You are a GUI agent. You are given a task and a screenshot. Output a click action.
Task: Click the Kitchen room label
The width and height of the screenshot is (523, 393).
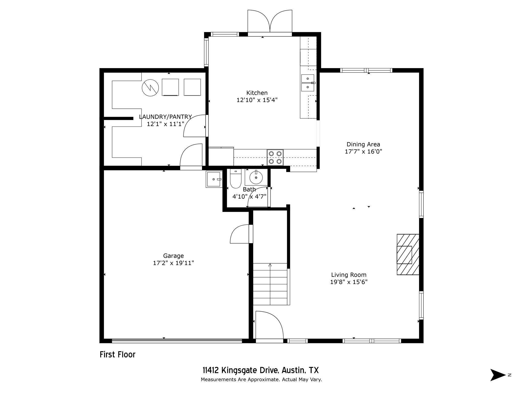[257, 93]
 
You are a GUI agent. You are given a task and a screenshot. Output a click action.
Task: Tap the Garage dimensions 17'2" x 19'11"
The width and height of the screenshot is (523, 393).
[173, 263]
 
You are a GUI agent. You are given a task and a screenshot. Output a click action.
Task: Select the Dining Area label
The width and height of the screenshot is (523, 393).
[363, 144]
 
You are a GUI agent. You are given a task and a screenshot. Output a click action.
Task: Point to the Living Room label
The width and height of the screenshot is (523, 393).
[349, 275]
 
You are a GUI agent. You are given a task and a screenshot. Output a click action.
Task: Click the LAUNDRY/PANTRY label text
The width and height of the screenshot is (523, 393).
[165, 117]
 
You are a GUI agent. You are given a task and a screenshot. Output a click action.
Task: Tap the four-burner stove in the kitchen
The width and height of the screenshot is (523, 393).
[275, 157]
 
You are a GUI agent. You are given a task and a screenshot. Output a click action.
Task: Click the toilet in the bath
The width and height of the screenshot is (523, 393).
[235, 179]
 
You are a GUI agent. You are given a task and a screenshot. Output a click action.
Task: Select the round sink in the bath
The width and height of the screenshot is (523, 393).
[256, 177]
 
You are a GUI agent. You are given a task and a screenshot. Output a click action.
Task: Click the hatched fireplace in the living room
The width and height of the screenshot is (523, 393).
[408, 255]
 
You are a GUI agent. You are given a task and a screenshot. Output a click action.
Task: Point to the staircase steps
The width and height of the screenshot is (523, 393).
[270, 284]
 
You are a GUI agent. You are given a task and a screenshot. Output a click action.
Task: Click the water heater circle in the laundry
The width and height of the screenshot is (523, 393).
[150, 88]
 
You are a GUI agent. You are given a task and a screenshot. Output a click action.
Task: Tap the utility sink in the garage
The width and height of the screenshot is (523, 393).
[213, 179]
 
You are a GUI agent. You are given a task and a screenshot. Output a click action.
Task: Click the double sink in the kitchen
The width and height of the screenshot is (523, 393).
[307, 83]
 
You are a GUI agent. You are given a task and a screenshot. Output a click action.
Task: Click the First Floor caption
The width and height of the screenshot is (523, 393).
[117, 355]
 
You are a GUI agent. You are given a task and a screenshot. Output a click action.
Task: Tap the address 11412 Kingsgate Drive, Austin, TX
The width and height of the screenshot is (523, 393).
[261, 370]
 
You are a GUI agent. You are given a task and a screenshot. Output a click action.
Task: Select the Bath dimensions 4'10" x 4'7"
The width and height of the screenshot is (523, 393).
[249, 197]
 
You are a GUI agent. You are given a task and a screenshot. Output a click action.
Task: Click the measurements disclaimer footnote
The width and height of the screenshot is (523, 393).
[261, 380]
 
